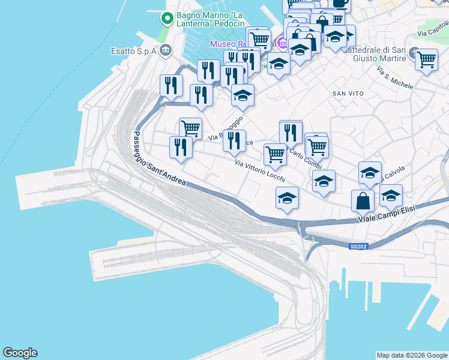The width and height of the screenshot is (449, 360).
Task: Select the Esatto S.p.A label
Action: [133, 51]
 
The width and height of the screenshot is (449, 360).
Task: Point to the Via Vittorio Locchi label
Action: [259, 172]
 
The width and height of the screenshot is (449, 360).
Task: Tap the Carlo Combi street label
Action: [306, 158]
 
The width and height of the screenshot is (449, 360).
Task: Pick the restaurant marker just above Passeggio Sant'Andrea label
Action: [181, 146]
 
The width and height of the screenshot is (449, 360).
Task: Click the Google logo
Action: [20, 353]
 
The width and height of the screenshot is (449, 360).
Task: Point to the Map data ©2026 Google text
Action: [412, 355]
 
